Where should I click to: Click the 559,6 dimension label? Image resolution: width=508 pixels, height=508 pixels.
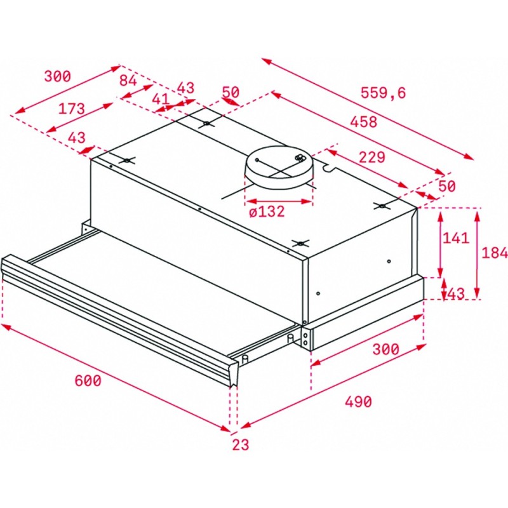(383, 93)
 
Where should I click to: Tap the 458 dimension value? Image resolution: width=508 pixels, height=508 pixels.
(364, 122)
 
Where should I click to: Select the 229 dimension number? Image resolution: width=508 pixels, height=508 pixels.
(372, 157)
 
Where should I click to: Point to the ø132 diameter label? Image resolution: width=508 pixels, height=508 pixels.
(267, 211)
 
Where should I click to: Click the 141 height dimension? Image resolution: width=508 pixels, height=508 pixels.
(456, 238)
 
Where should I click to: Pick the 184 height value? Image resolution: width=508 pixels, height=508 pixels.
(495, 253)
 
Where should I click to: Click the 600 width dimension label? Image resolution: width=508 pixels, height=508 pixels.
(88, 380)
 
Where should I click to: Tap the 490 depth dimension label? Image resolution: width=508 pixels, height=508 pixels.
(358, 402)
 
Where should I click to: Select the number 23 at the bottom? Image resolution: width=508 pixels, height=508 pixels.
(241, 445)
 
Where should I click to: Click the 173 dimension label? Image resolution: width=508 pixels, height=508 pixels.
(71, 109)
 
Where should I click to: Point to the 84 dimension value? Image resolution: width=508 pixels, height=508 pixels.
(128, 81)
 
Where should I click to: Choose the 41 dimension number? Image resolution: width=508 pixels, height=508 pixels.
(161, 99)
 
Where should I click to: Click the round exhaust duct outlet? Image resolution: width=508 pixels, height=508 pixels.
(279, 167)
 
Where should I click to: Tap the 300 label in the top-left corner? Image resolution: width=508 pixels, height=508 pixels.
(57, 76)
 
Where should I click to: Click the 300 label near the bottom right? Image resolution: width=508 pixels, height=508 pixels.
(386, 349)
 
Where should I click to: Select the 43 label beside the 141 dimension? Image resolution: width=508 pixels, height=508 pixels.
(456, 294)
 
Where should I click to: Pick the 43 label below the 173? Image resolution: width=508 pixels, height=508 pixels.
(77, 138)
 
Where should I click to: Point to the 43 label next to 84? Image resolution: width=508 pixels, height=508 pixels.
(186, 88)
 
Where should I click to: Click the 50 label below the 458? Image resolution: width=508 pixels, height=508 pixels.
(447, 186)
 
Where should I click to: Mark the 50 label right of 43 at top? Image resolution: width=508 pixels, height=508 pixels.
(231, 92)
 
